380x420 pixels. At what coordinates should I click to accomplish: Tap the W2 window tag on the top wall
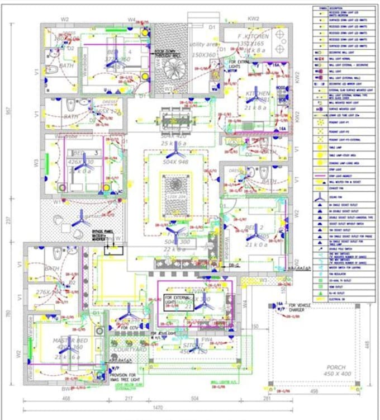tap(65, 20)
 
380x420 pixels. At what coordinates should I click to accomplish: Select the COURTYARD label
tap(131, 350)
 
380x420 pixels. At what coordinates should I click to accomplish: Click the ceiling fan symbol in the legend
tap(320, 197)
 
